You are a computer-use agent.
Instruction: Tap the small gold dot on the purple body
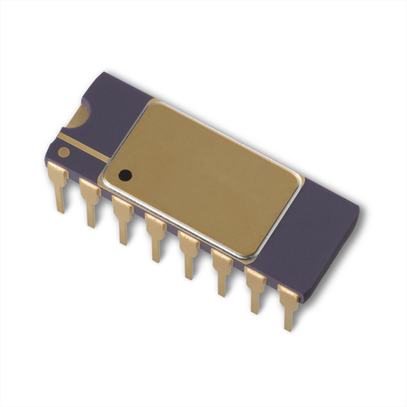coord(64,152)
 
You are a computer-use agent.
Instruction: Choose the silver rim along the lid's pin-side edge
coord(178,223)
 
